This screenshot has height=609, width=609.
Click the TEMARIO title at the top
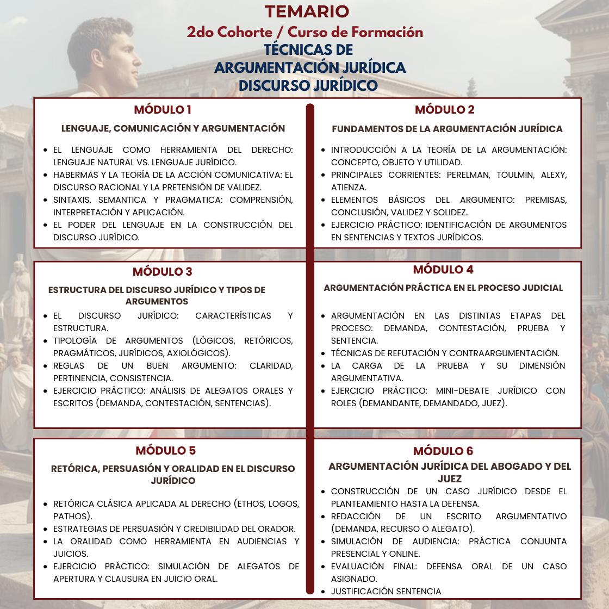[307, 11]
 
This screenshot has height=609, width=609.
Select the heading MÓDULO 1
[163, 110]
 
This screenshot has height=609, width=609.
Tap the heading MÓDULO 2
[444, 110]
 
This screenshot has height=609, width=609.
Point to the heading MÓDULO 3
[163, 271]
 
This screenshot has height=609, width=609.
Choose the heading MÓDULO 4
[443, 269]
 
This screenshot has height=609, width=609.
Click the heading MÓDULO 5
[165, 450]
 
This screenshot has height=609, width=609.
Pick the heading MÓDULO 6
[443, 451]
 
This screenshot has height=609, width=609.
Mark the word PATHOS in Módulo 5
[71, 516]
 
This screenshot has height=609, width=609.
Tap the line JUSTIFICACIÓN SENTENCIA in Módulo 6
[386, 591]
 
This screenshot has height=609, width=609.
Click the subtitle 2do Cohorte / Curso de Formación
[304, 32]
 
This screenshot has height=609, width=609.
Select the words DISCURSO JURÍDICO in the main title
[308, 85]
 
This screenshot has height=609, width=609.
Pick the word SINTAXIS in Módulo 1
[73, 200]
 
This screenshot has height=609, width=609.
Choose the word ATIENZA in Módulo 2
[348, 188]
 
